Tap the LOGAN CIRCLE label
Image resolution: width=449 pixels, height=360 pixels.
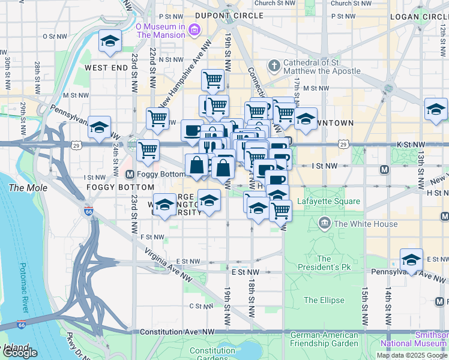(x=419, y=16)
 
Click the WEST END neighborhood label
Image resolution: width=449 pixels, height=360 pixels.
(x=106, y=68)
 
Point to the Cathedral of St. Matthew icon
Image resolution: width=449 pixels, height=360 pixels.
(x=274, y=65)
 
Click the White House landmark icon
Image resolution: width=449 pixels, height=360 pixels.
(x=325, y=224)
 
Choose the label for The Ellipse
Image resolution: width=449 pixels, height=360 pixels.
(x=324, y=300)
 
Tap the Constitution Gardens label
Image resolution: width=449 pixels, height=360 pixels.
(x=212, y=355)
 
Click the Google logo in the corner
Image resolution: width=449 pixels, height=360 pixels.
(x=20, y=353)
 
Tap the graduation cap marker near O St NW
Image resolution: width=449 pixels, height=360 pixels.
(x=110, y=41)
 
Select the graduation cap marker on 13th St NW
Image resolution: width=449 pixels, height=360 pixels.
(x=436, y=109)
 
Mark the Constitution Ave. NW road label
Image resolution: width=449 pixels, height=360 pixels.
(x=177, y=332)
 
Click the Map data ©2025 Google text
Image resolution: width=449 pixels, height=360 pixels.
(x=412, y=355)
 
